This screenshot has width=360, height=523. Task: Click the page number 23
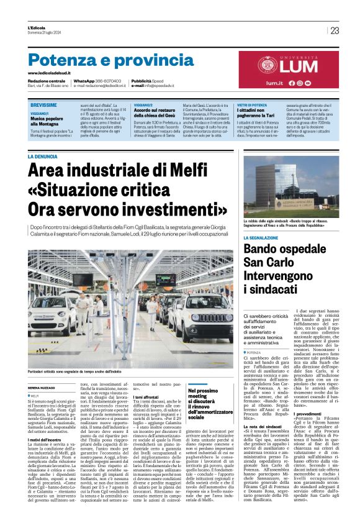335,30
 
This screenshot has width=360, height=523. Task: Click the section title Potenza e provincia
102,60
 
